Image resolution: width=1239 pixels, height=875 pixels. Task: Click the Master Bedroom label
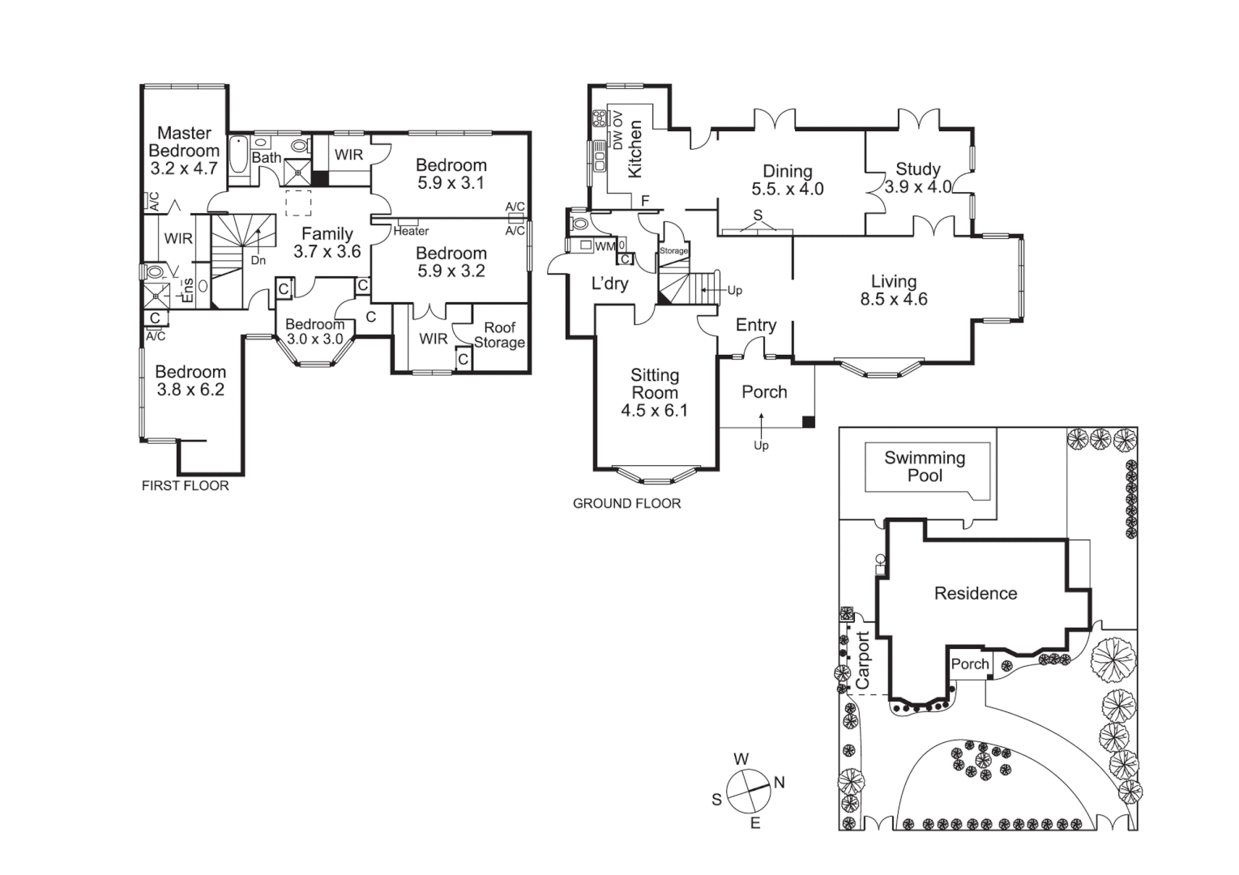click(184, 142)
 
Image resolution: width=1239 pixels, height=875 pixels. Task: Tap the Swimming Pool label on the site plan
click(925, 467)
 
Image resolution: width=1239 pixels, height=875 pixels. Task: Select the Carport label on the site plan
click(862, 660)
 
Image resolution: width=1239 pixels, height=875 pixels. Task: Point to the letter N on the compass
click(780, 783)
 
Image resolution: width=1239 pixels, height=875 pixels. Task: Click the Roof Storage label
click(499, 335)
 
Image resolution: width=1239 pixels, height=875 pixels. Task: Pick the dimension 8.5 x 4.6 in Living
click(894, 299)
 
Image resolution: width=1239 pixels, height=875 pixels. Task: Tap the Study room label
click(917, 169)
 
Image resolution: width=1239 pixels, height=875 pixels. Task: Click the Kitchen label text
click(635, 149)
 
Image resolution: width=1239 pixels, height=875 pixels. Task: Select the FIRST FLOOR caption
click(186, 486)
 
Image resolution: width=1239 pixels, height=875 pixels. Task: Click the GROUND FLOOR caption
click(626, 504)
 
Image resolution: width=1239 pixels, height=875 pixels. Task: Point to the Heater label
click(411, 232)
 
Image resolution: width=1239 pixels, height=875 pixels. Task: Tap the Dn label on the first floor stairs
click(258, 261)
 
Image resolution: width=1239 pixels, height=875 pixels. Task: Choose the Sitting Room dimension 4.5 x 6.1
click(654, 411)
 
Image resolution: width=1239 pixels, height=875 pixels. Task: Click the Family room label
click(327, 234)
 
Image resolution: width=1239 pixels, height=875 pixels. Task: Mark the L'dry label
click(609, 284)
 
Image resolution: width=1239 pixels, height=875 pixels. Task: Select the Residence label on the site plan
click(975, 594)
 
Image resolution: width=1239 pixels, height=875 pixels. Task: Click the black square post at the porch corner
click(808, 421)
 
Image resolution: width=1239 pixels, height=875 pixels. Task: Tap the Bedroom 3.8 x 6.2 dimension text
click(190, 390)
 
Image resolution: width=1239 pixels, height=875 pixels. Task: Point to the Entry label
click(755, 325)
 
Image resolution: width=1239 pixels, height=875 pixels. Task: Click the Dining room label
click(787, 171)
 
